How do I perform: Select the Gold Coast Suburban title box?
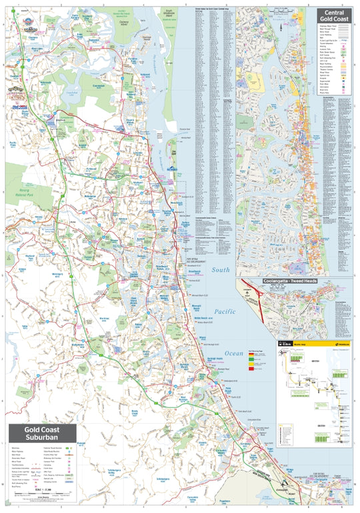point(41,434)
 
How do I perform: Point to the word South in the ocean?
point(221,270)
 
